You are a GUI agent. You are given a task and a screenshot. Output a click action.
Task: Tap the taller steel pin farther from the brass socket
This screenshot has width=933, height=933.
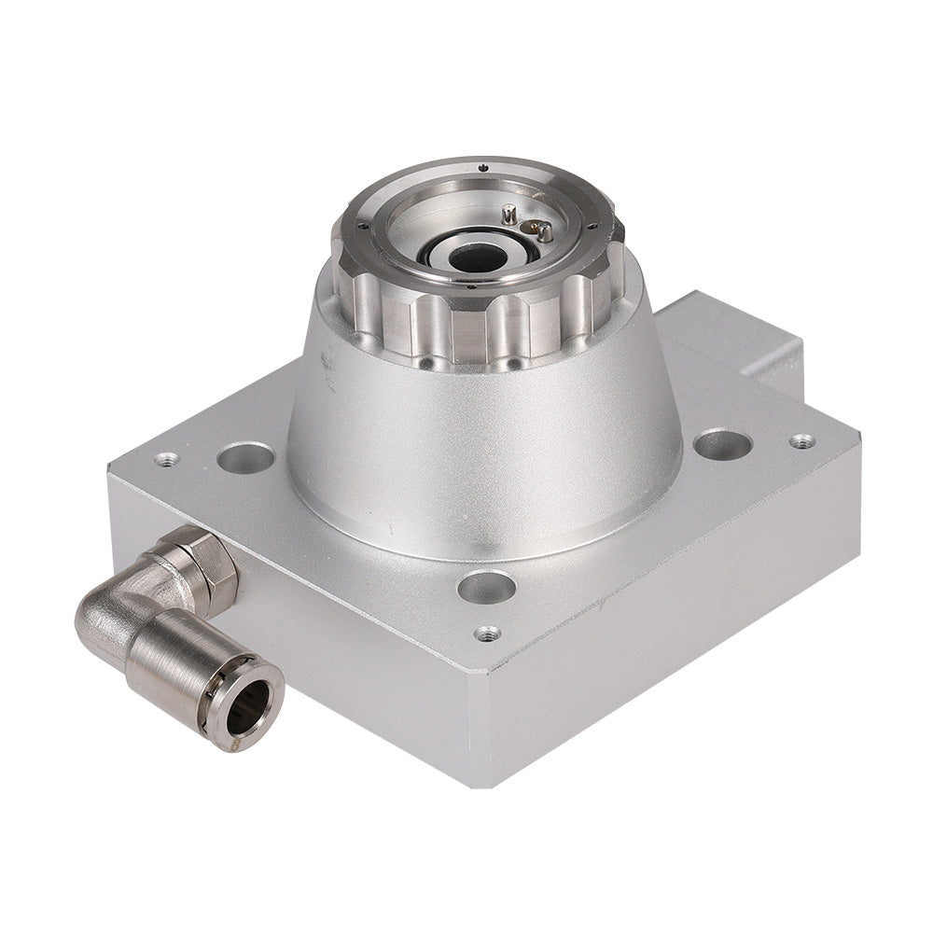[x=508, y=215]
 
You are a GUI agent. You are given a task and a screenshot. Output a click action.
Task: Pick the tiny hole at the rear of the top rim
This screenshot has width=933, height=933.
[x=481, y=167]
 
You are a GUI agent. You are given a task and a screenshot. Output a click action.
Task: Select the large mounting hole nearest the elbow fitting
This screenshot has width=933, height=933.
[x=245, y=457]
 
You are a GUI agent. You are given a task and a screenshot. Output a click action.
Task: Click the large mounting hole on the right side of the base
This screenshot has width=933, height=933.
[x=722, y=444]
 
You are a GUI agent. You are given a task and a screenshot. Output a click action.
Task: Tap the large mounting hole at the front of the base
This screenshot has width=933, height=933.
[x=486, y=587]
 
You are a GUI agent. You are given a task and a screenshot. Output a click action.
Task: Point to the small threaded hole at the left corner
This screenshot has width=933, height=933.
[x=167, y=458]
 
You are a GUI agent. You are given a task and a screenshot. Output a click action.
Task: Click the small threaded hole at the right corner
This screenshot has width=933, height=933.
[x=801, y=440]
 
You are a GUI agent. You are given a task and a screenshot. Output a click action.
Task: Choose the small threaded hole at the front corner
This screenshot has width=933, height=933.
[x=486, y=634]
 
